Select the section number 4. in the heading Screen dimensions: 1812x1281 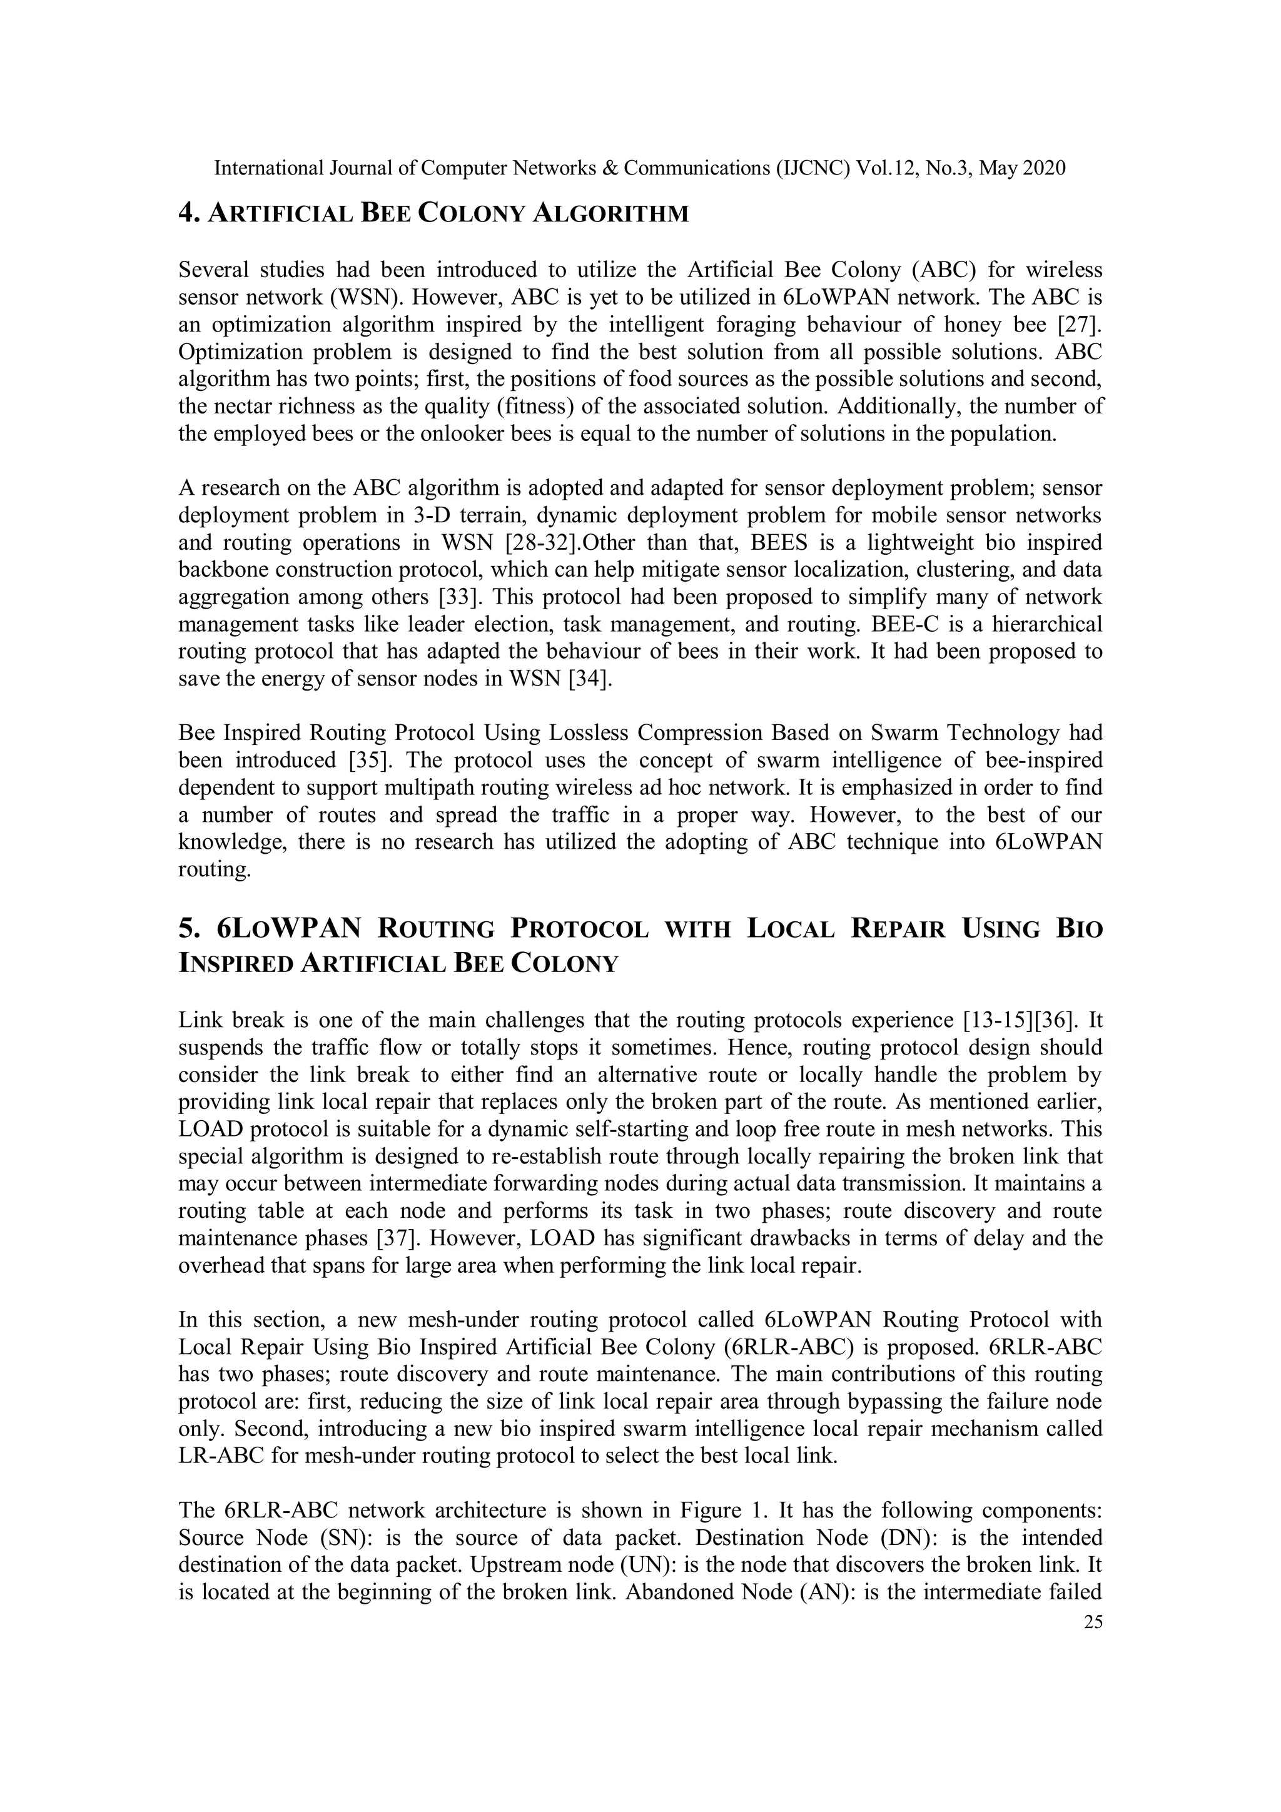[x=188, y=213]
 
